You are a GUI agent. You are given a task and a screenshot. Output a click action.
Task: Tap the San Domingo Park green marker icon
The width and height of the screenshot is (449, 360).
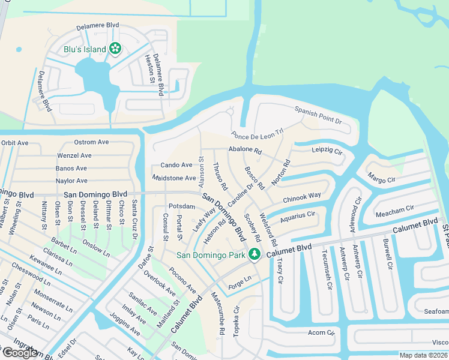click(x=254, y=255)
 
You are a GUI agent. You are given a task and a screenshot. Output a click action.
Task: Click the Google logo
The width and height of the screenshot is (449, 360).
click(x=20, y=353)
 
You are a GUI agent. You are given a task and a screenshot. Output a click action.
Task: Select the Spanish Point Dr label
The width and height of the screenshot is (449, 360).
click(x=318, y=115)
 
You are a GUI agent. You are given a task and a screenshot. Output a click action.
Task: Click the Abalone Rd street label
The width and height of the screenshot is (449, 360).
click(x=245, y=151)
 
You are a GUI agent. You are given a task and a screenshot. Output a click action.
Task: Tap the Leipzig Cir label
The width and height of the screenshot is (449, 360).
click(x=326, y=150)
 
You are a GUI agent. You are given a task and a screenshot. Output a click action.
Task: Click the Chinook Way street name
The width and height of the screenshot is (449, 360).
click(x=301, y=197)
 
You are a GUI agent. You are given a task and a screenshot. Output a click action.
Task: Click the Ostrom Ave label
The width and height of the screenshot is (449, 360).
click(x=91, y=142)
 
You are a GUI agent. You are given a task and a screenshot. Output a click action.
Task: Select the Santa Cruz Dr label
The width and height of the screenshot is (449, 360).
click(x=134, y=221)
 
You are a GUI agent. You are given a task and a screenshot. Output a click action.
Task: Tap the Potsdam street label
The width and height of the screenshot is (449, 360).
click(x=182, y=206)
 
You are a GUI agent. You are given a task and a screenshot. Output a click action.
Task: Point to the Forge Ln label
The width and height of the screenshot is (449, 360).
click(x=240, y=280)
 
